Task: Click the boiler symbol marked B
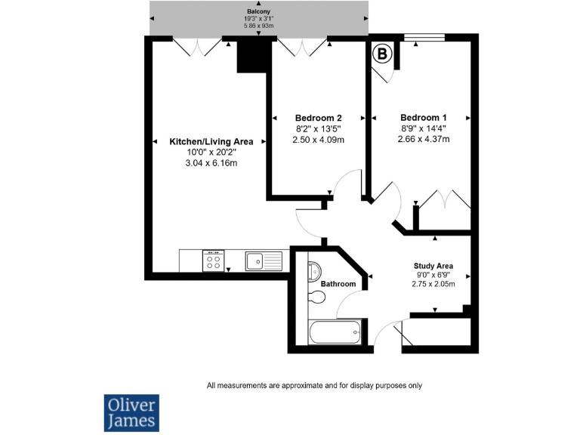(x=382, y=54)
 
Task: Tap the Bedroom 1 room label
(x=423, y=118)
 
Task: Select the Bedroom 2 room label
(x=318, y=118)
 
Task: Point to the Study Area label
(x=433, y=266)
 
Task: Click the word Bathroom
(x=338, y=284)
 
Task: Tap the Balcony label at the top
(x=258, y=11)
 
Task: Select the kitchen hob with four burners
(x=213, y=261)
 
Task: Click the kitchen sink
(x=262, y=261)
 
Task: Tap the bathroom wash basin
(x=315, y=271)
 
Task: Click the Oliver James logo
(x=131, y=412)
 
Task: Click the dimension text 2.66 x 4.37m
(x=423, y=139)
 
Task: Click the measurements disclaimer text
(x=314, y=385)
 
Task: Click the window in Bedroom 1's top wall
(x=424, y=37)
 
